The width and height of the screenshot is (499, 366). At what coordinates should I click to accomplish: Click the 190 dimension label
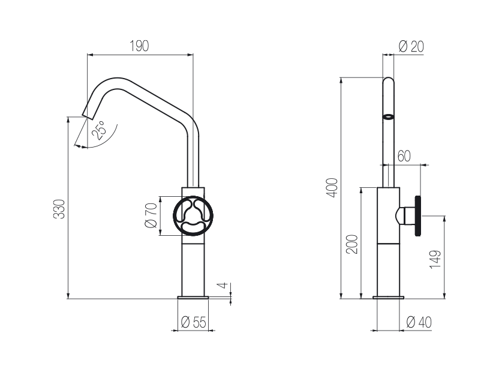tap(139, 46)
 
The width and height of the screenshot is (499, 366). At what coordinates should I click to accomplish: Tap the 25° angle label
tap(98, 130)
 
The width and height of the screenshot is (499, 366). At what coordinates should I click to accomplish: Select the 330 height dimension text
tap(59, 209)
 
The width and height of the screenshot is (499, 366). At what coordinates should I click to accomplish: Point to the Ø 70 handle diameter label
tap(151, 215)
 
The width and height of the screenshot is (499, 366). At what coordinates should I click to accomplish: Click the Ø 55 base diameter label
tap(194, 322)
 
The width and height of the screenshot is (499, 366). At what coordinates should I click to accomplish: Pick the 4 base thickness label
tap(224, 285)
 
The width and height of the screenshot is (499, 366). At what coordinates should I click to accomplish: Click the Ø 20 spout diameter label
tap(411, 47)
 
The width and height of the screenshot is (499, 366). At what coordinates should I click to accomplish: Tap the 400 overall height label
tap(332, 188)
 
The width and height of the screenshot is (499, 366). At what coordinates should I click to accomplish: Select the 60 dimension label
tap(404, 156)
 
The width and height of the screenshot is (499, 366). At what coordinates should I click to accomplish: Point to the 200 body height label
tap(352, 244)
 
